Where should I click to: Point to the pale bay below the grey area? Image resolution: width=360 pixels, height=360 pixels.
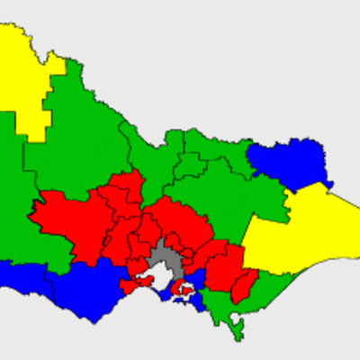(162, 282)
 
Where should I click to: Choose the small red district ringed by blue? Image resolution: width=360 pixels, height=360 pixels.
(183, 290)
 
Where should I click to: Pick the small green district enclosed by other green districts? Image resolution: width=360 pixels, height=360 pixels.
(190, 165)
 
